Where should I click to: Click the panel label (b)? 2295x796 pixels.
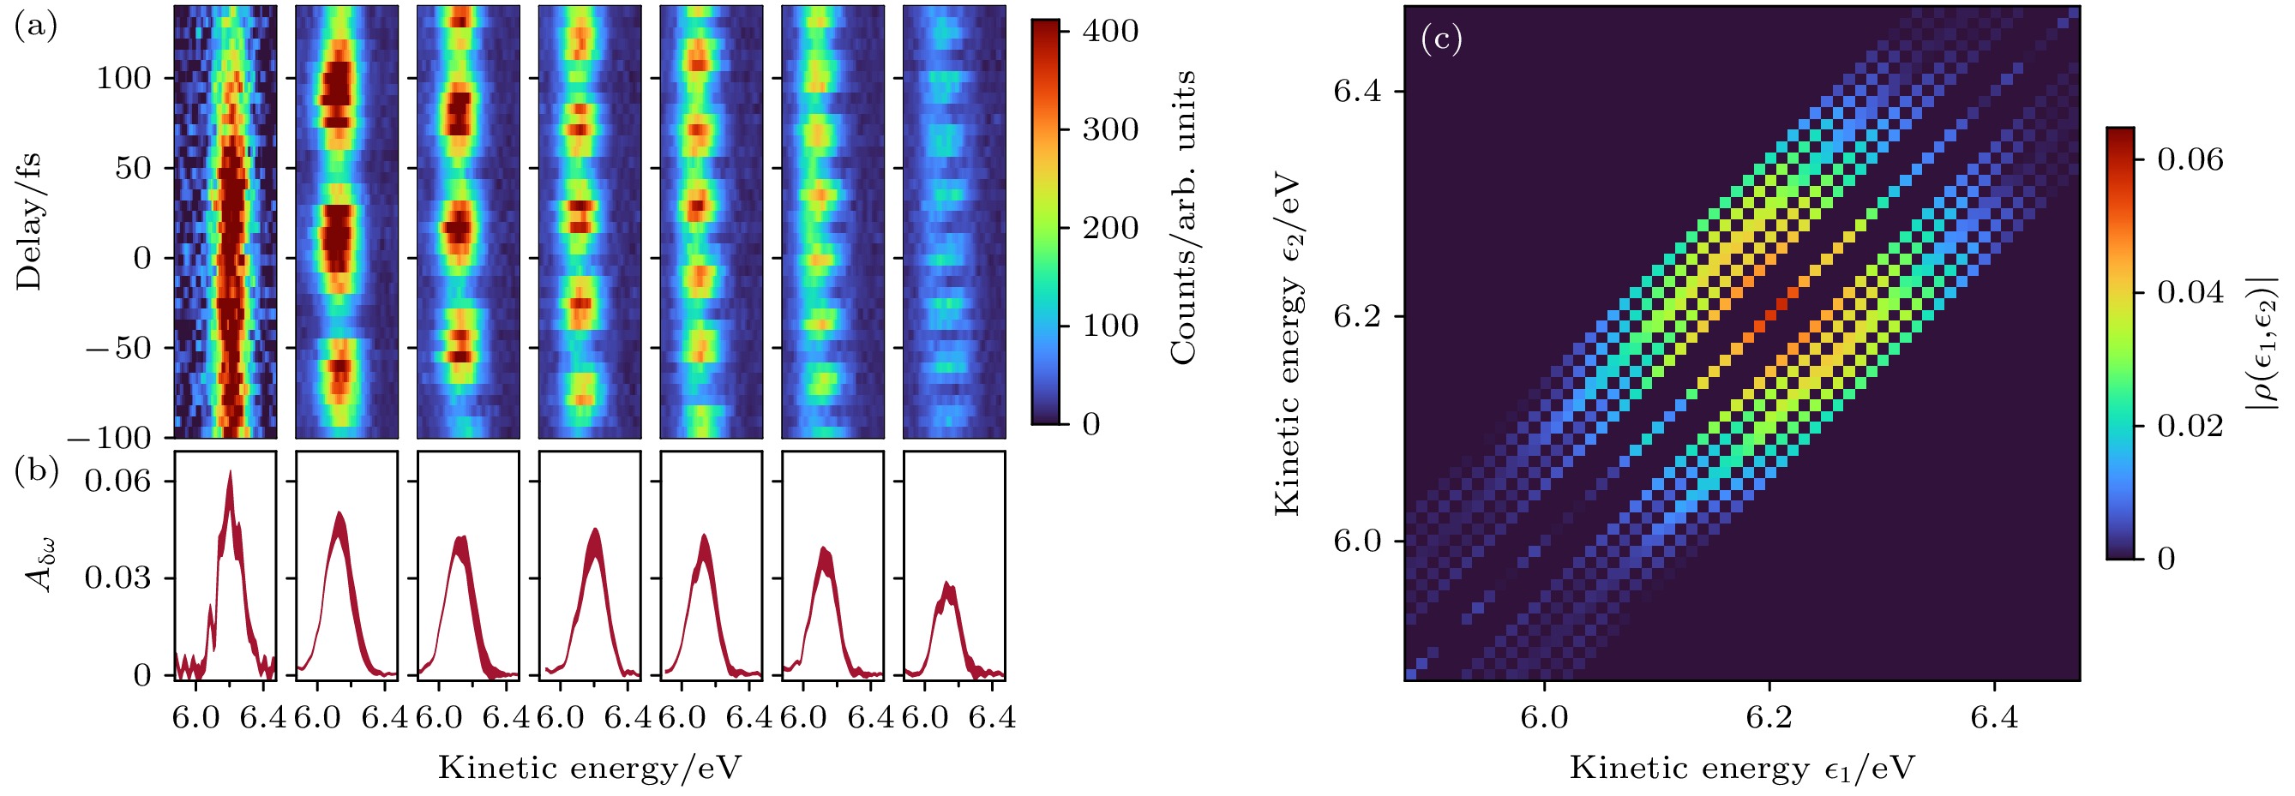(x=36, y=471)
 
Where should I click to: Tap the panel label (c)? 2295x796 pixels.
(x=1441, y=39)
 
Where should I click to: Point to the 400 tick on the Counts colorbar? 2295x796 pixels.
(x=1110, y=31)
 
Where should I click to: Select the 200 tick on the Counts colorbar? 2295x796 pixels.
(x=1110, y=228)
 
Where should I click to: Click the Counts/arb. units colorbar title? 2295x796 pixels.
(x=1183, y=218)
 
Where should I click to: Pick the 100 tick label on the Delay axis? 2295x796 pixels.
(x=124, y=78)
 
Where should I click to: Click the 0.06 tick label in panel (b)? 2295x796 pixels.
(x=117, y=482)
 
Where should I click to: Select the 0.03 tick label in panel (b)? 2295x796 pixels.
(x=117, y=578)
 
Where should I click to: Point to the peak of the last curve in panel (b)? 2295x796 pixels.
(x=948, y=584)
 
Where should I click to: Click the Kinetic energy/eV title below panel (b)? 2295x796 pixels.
(x=589, y=768)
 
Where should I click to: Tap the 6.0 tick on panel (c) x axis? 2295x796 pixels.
(x=1544, y=718)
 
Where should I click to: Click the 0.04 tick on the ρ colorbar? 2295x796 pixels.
(x=2190, y=292)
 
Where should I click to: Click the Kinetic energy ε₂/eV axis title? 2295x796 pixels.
(x=1289, y=344)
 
